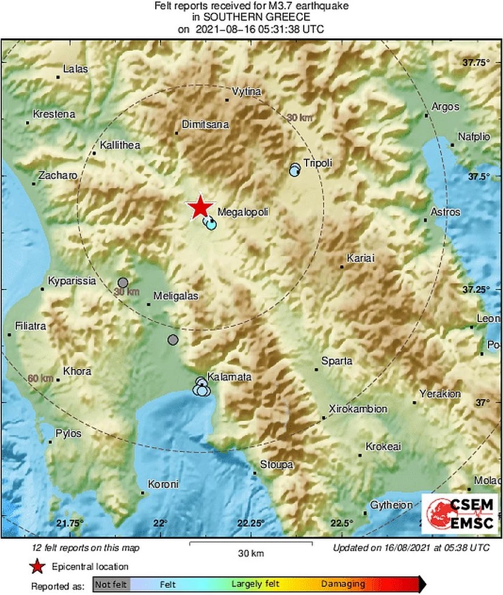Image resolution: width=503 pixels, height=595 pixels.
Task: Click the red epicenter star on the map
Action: (x=199, y=208)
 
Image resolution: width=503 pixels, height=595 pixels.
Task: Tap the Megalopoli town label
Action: (x=242, y=212)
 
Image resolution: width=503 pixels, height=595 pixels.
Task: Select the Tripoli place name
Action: (x=318, y=162)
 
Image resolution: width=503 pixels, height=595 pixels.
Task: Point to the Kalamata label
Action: (x=229, y=377)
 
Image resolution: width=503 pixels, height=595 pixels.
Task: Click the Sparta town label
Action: (x=337, y=361)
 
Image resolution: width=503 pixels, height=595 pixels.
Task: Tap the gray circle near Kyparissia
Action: (x=122, y=282)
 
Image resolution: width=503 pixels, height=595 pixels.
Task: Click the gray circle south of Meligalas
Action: (x=173, y=340)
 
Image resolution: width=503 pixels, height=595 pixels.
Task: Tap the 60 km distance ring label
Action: (x=41, y=378)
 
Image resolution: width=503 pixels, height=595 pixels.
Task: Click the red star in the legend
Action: (x=37, y=567)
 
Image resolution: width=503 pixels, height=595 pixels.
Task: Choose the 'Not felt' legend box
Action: (x=111, y=584)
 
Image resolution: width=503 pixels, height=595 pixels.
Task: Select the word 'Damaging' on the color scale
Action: (x=343, y=584)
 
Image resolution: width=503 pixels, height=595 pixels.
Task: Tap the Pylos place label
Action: (x=67, y=433)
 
